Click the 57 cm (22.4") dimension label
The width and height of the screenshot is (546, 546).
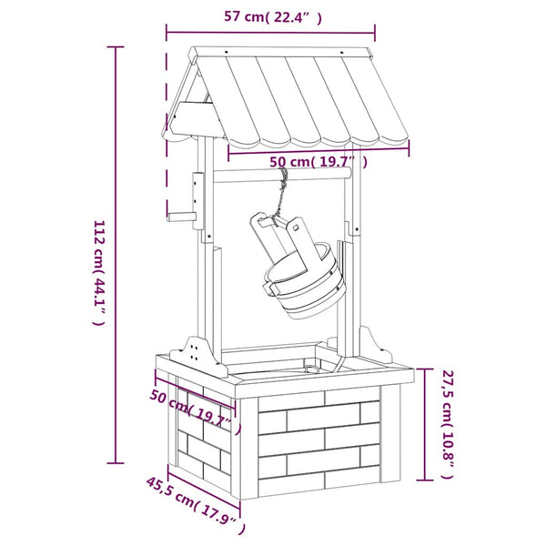click(x=272, y=16)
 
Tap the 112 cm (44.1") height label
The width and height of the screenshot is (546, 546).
click(x=98, y=272)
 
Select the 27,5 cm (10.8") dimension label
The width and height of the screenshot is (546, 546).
click(x=448, y=424)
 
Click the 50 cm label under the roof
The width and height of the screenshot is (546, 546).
click(x=318, y=162)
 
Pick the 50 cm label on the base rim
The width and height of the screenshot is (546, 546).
click(x=196, y=412)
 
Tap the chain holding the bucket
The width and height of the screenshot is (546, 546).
click(x=281, y=196)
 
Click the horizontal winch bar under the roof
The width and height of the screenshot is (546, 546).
click(x=282, y=175)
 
